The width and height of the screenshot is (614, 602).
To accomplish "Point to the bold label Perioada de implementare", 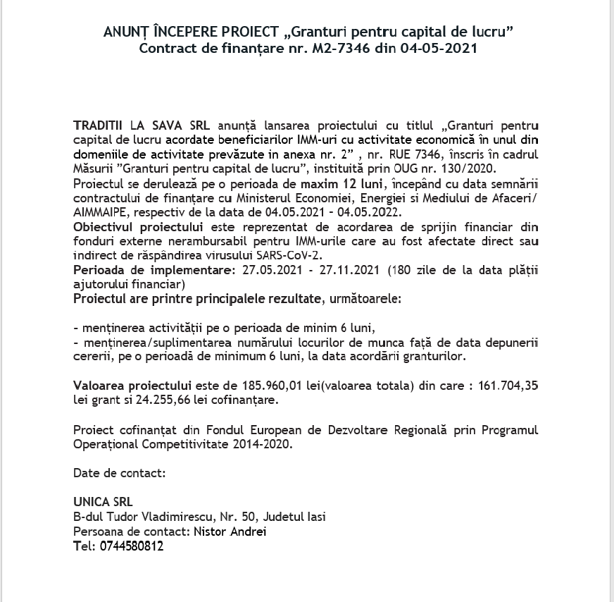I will [x=148, y=271].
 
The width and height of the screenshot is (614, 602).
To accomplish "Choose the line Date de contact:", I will [x=119, y=473].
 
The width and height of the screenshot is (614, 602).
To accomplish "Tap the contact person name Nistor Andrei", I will [x=231, y=532].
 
